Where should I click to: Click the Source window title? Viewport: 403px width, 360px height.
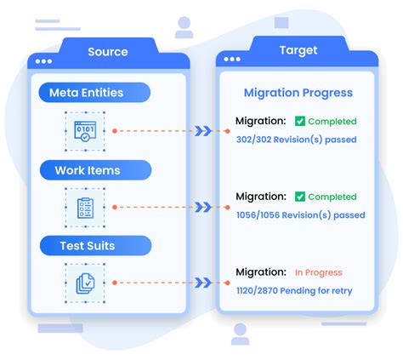[107, 53]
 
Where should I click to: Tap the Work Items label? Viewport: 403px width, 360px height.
[88, 170]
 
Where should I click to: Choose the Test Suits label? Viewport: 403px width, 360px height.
[87, 246]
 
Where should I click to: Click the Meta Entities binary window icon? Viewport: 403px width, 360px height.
[84, 131]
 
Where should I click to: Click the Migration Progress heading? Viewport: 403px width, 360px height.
[298, 93]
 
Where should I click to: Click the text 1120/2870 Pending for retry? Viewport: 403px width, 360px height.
[294, 290]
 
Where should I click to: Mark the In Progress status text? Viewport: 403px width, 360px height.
[318, 272]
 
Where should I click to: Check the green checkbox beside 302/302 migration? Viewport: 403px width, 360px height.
[300, 121]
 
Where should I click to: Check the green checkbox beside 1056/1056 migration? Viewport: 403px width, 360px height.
[300, 197]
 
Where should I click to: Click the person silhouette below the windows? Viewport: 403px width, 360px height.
[240, 333]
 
